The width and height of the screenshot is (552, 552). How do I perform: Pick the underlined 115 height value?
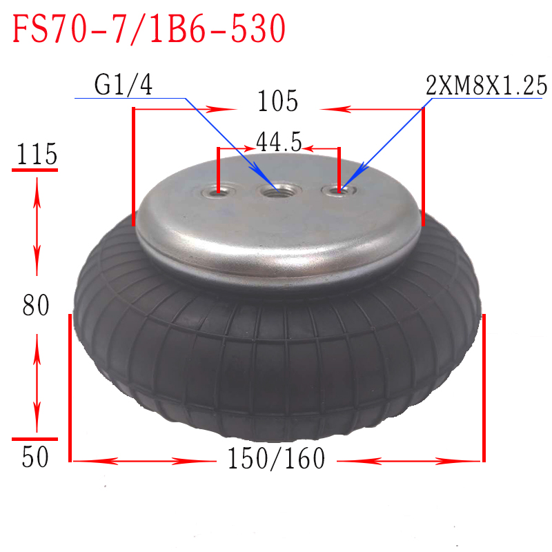[34, 155]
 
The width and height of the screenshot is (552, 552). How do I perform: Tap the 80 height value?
[35, 305]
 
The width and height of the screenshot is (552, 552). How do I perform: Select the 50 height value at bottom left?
[35, 457]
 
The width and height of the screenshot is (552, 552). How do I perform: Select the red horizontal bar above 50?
[34, 438]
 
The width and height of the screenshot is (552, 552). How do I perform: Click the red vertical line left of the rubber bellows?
[70, 386]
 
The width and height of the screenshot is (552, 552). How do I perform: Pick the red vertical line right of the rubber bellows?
[484, 386]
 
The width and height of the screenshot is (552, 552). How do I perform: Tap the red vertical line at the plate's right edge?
[423, 166]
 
